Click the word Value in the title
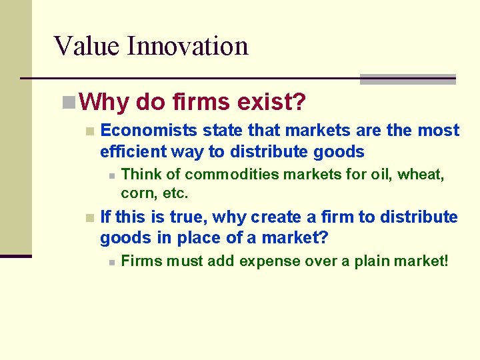[87, 46]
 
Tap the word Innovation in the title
[187, 46]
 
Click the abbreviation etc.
[175, 194]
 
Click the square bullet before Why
[67, 103]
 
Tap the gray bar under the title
[407, 79]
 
